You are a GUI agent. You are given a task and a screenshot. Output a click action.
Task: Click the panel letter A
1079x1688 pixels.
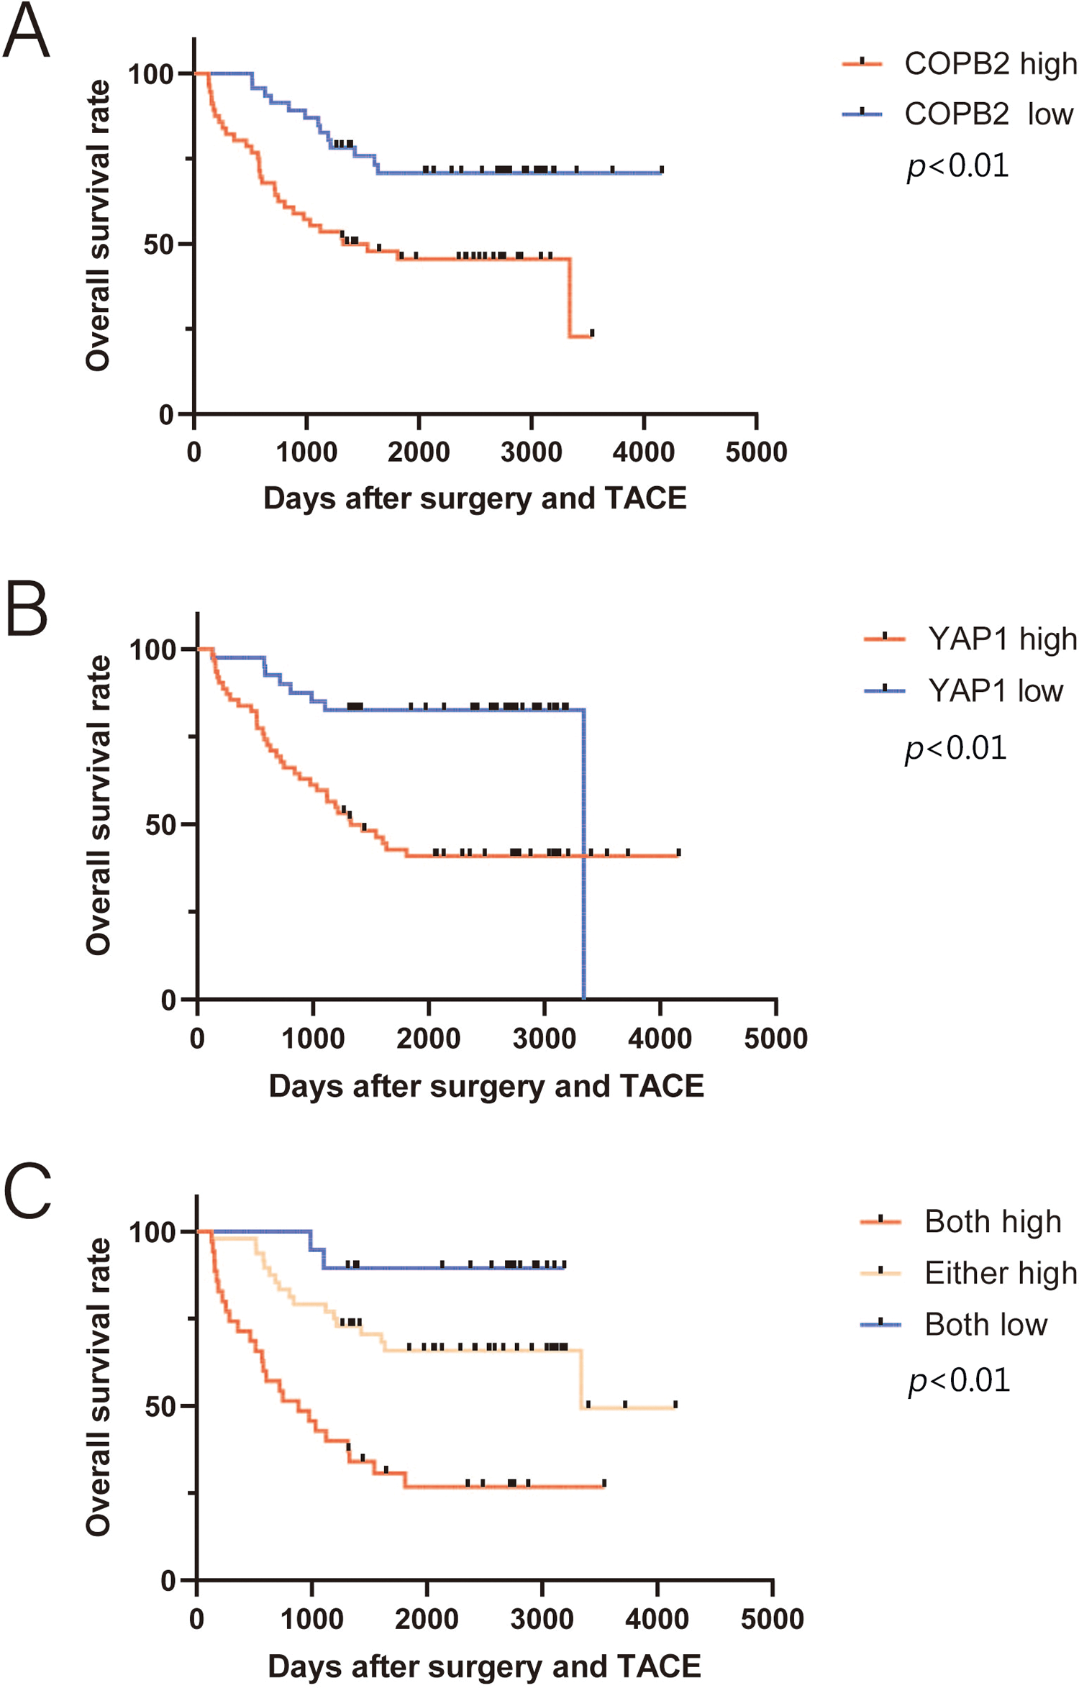coord(27,32)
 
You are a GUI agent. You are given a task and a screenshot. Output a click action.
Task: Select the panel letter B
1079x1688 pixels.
coord(27,609)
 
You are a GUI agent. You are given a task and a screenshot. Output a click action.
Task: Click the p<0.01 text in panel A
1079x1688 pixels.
coord(957,166)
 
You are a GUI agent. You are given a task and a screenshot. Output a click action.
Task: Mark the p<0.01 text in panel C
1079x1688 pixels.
coord(959,1381)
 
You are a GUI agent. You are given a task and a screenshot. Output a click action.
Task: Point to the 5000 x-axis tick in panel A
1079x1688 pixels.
coord(756,452)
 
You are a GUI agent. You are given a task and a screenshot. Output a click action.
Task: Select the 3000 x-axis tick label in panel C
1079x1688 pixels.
coord(542,1619)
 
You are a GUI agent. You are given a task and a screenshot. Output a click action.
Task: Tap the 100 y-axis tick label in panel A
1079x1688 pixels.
coord(151,74)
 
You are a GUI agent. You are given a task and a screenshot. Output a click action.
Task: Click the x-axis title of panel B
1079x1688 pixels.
coord(486,1087)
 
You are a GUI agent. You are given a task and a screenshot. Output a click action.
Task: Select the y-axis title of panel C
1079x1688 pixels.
coord(99,1387)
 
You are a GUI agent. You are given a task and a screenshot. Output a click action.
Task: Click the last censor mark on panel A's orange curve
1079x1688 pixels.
coord(592,333)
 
